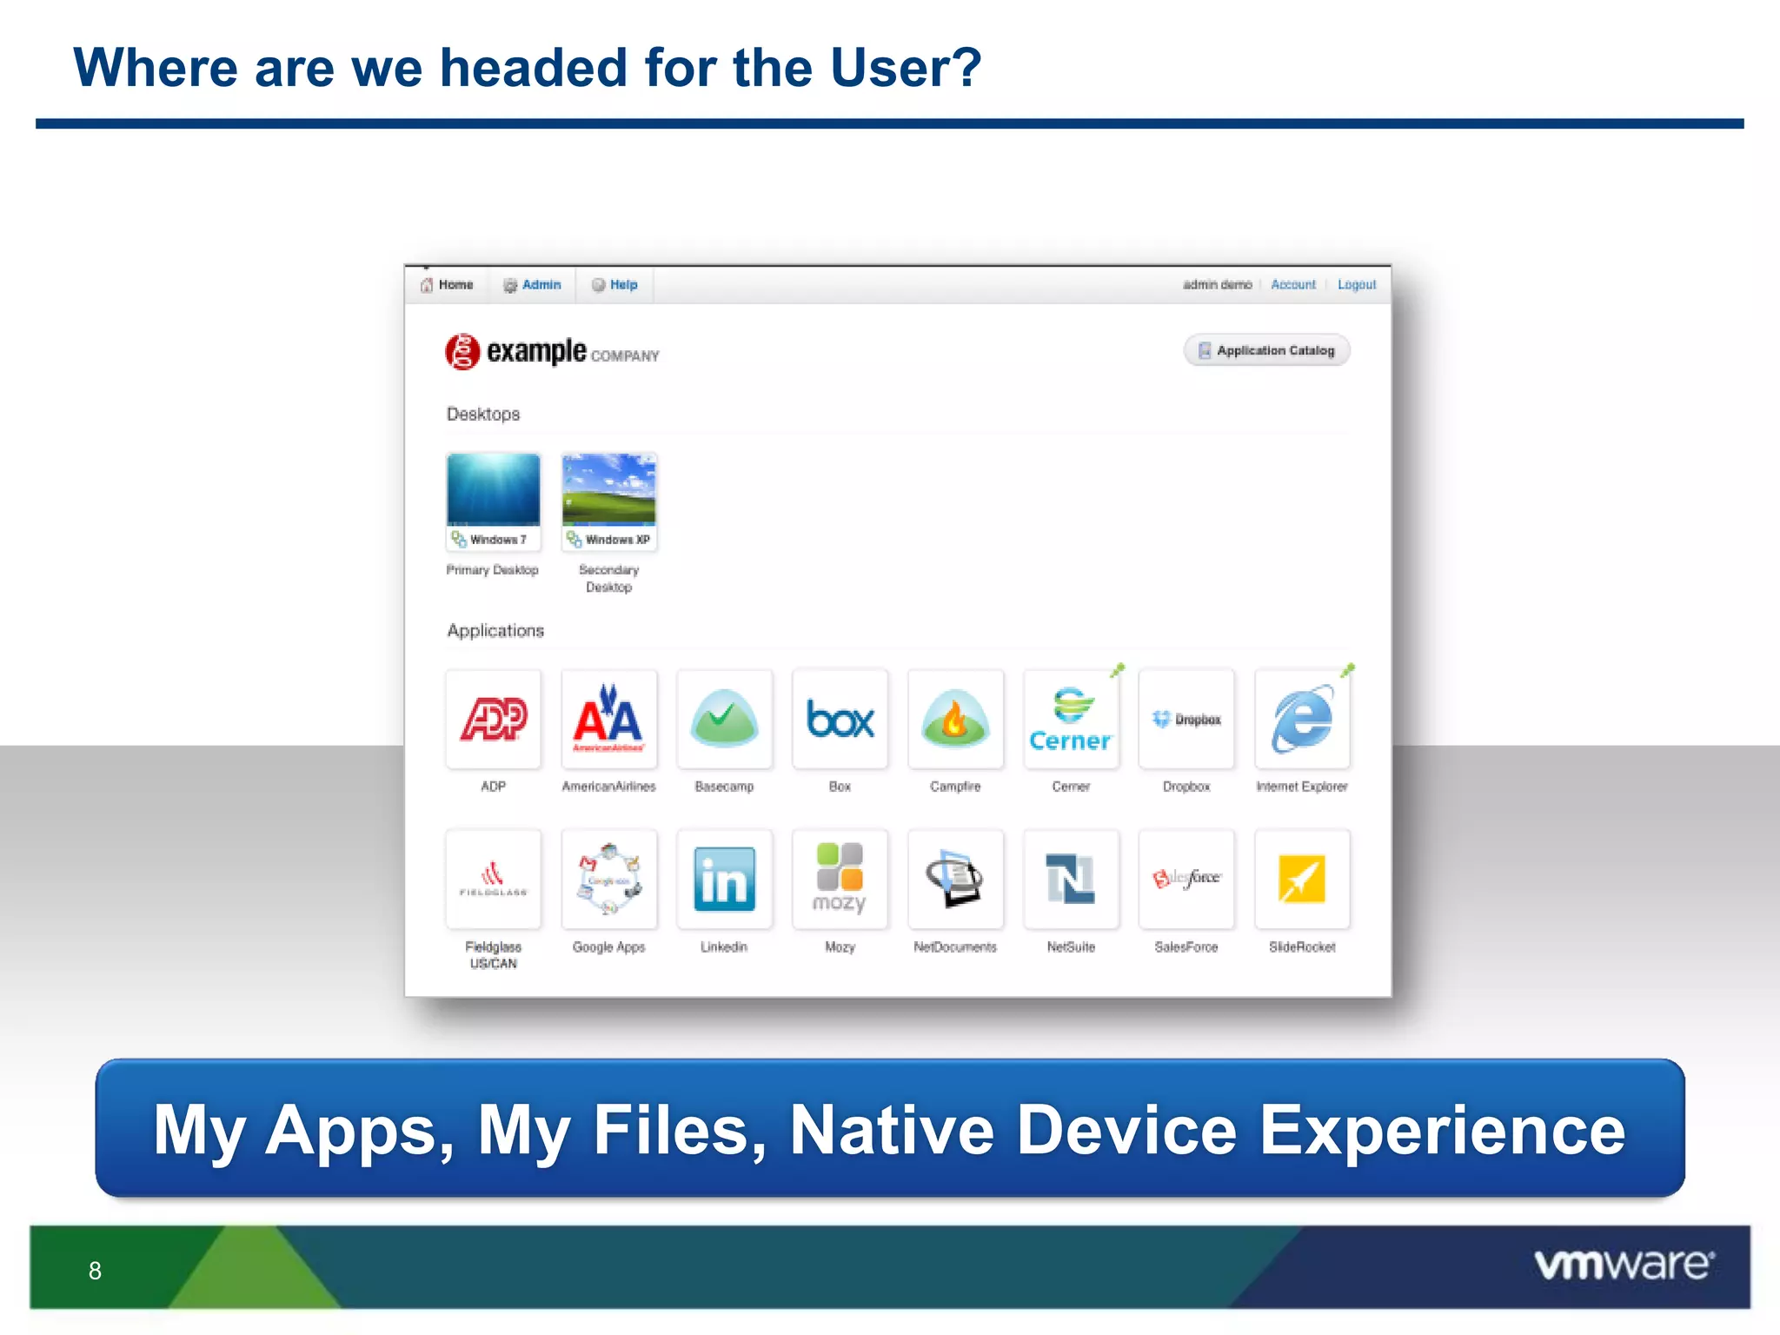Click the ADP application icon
click(x=493, y=720)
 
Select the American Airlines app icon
click(x=608, y=720)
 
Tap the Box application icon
click(x=840, y=720)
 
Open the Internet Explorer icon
click(x=1302, y=720)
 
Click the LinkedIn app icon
click(x=724, y=880)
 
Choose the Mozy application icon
click(x=840, y=880)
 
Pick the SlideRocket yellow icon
click(x=1302, y=880)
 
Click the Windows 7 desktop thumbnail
click(x=493, y=490)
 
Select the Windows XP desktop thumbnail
click(x=608, y=490)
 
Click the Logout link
click(x=1356, y=285)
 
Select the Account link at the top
click(x=1292, y=285)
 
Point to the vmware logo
click(x=1624, y=1265)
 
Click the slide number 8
click(x=95, y=1271)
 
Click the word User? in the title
click(x=904, y=68)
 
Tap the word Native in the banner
click(x=891, y=1130)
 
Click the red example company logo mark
click(x=462, y=352)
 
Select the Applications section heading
click(x=495, y=631)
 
